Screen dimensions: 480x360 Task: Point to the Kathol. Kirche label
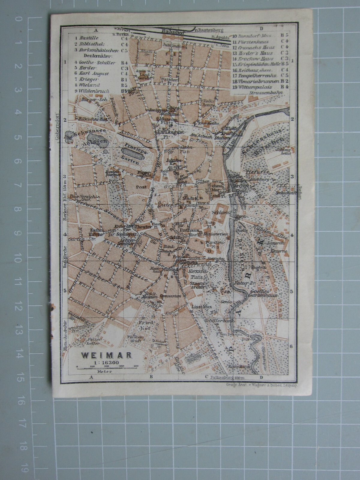point(90,232)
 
